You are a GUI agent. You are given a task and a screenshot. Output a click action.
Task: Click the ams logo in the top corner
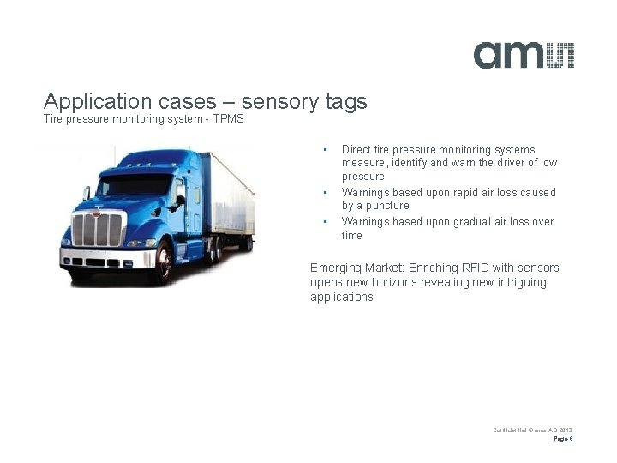pyautogui.click(x=524, y=54)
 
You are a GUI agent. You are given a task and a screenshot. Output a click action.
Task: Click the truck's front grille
pyautogui.click(x=98, y=230)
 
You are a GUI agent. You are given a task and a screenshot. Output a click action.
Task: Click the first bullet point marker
pyautogui.click(x=325, y=150)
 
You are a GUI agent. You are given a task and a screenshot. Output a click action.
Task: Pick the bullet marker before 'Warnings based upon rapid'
pyautogui.click(x=325, y=193)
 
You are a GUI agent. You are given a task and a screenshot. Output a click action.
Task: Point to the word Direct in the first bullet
pyautogui.click(x=356, y=149)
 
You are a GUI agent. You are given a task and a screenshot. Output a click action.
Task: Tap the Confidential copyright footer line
pyautogui.click(x=532, y=429)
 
